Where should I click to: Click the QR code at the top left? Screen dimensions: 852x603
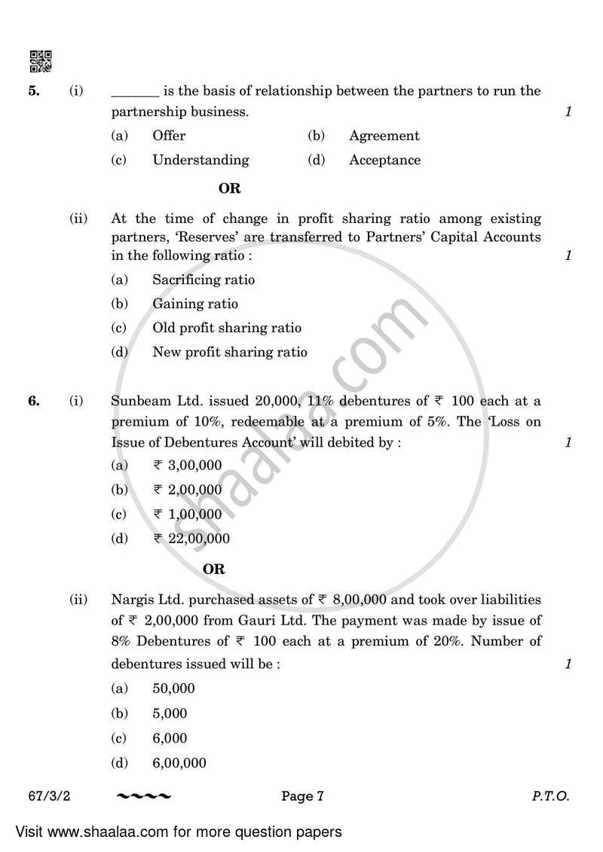[x=40, y=61]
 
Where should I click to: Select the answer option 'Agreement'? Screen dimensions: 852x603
[x=384, y=136]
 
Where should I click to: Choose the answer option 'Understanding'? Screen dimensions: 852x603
[x=200, y=160]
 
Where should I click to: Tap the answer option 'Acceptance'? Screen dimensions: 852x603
[x=384, y=160]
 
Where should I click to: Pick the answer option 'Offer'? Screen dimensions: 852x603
[x=169, y=136]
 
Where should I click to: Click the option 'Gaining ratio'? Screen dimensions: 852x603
[x=194, y=304]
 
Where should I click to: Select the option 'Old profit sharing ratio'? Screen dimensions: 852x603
[x=226, y=328]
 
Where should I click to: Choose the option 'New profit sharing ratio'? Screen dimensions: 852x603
[x=229, y=352]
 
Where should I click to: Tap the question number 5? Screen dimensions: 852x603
[x=33, y=91]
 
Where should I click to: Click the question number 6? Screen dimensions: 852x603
[x=33, y=401]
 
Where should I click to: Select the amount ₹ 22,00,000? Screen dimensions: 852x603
[x=191, y=539]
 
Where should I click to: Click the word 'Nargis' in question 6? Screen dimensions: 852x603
[x=131, y=600]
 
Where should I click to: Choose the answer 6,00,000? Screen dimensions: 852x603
[x=179, y=762]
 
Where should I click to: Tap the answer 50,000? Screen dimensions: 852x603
[x=173, y=689]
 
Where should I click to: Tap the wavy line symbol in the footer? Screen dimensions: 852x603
[x=144, y=796]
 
